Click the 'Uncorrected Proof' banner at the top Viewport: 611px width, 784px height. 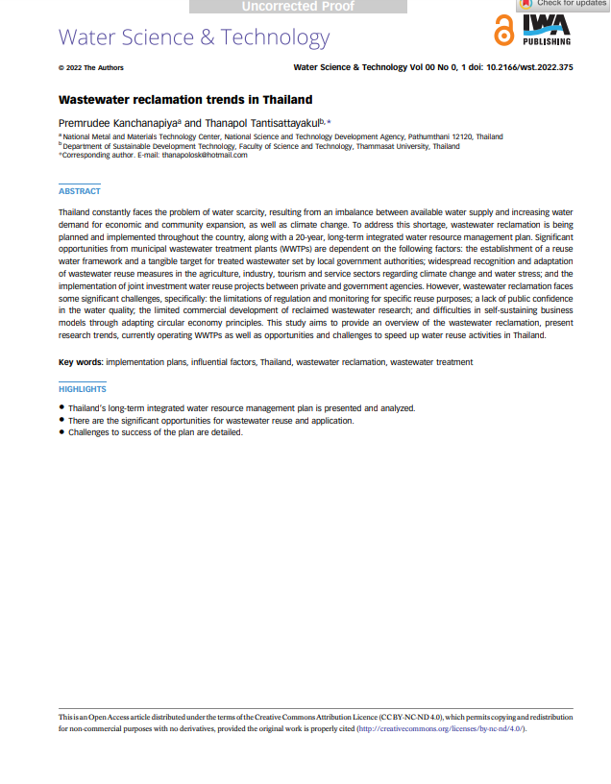coord(298,7)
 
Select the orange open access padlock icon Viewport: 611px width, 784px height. coord(502,33)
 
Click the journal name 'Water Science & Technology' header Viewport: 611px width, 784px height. coord(194,38)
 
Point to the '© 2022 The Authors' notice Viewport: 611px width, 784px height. coord(91,67)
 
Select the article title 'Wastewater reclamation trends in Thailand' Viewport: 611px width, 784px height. coord(185,99)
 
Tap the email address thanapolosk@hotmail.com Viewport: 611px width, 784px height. coord(205,155)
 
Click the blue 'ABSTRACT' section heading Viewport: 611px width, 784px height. coord(80,191)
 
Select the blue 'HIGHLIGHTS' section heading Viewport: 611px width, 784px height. coord(83,389)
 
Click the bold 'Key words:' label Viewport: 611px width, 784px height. coord(81,362)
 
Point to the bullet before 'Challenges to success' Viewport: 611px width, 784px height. coord(62,432)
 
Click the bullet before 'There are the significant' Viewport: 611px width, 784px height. coord(62,421)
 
